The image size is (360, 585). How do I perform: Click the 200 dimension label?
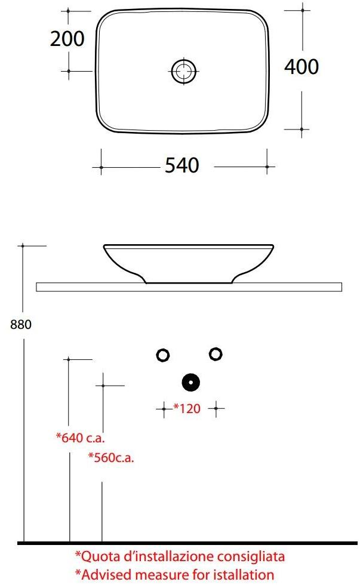67,39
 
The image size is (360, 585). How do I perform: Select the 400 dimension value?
301,67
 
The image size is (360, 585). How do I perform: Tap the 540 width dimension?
181,165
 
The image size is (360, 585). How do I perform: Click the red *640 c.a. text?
81,438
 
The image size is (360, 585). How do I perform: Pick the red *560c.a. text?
111,458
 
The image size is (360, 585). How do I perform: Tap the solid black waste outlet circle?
190,382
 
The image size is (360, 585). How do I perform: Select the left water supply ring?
162,355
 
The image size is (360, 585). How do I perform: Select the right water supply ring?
215,354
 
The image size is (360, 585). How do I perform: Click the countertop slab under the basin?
189,287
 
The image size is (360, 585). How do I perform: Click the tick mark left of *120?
164,409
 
